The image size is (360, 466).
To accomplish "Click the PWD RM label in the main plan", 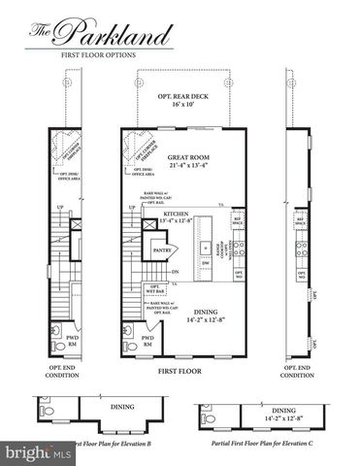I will point(148,342).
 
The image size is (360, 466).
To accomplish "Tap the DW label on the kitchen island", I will point(207,262).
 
